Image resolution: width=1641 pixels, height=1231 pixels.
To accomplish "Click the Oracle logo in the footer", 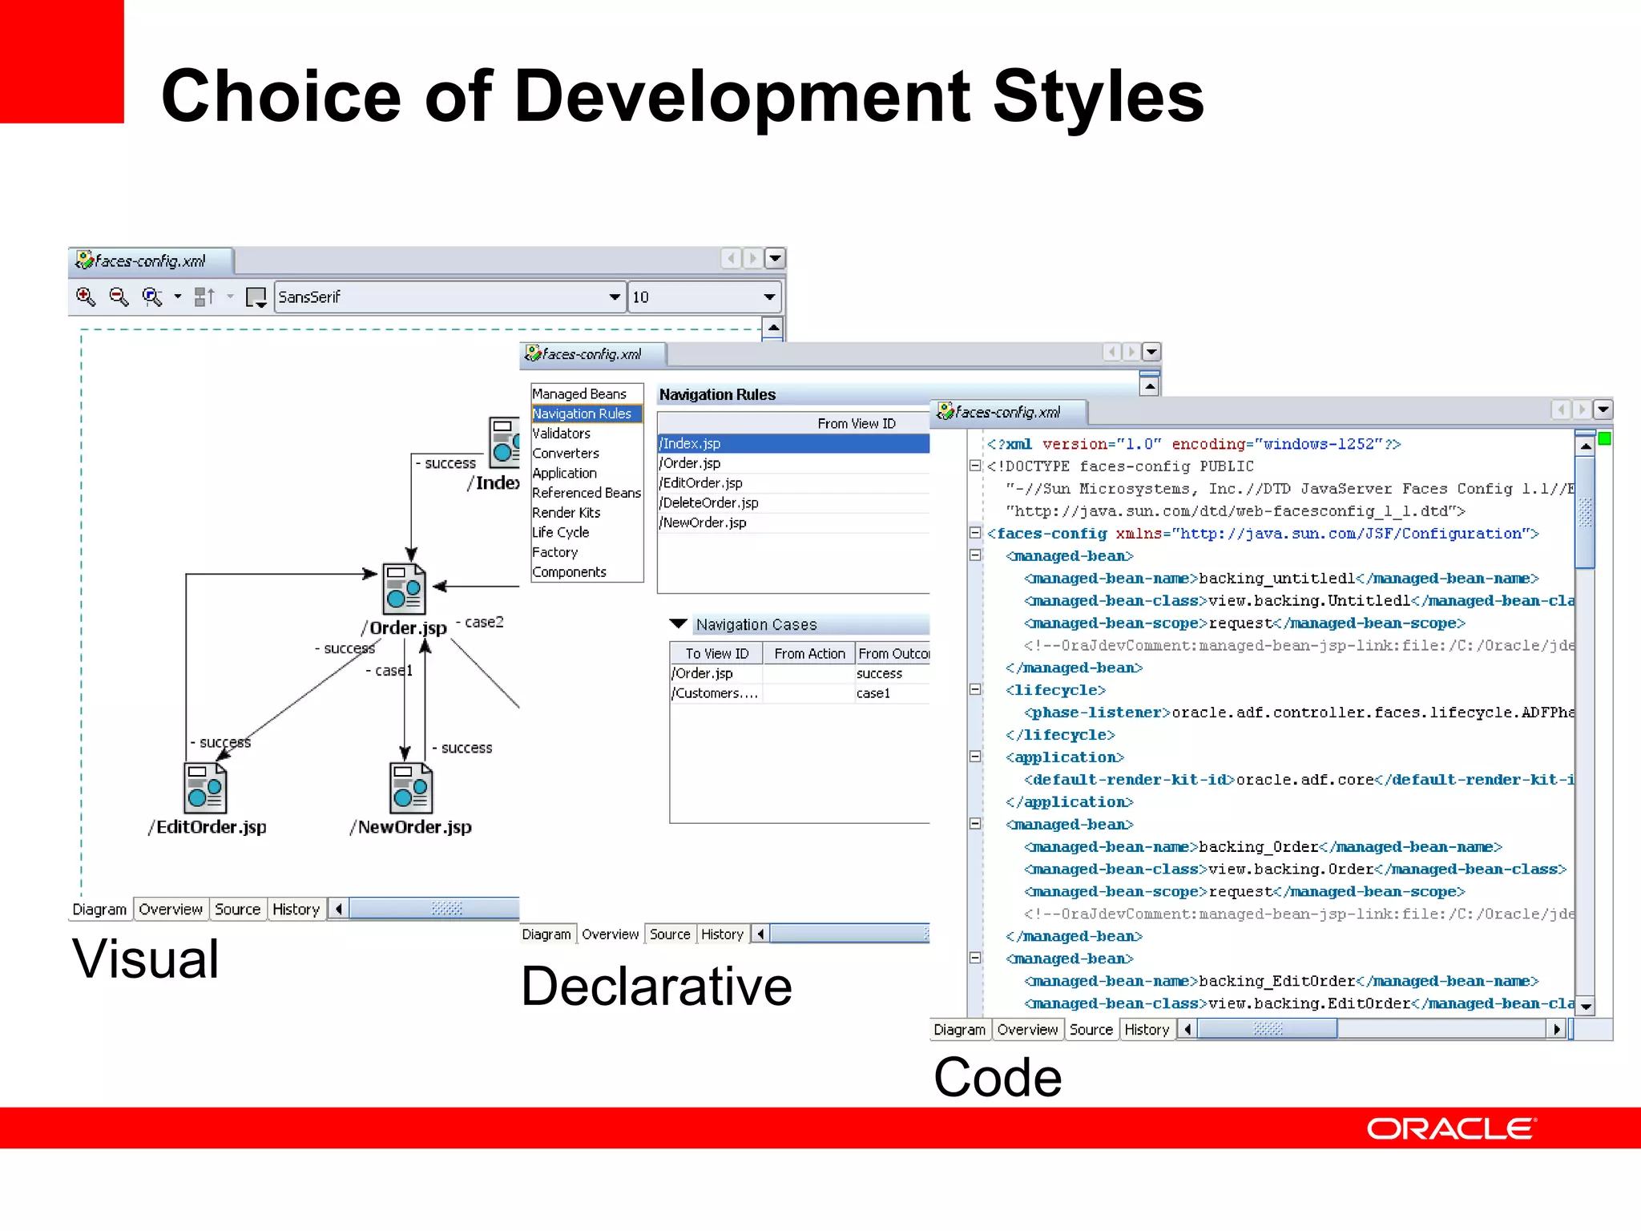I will click(x=1451, y=1128).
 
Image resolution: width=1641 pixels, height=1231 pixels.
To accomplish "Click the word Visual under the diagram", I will click(x=145, y=959).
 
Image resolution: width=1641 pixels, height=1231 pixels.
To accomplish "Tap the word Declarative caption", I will click(x=655, y=986).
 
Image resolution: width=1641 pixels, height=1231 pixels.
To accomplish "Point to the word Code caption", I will click(x=998, y=1077).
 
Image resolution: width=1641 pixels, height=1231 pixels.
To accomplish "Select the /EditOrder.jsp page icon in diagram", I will click(x=205, y=788).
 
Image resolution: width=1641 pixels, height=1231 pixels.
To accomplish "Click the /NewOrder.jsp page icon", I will click(x=411, y=788).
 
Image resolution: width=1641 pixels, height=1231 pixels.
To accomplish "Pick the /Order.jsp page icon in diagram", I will click(x=404, y=589).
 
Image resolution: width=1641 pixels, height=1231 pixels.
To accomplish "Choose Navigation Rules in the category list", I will click(x=583, y=414).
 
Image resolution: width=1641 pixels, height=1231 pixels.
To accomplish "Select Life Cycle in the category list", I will click(x=560, y=532).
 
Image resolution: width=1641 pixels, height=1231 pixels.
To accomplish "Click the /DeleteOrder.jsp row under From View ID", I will click(x=709, y=502).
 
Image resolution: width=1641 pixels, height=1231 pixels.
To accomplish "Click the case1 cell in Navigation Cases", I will click(x=873, y=693).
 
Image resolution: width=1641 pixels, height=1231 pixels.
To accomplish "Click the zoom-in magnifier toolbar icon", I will click(x=86, y=297).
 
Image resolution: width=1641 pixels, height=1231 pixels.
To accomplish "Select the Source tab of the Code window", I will click(x=1091, y=1030).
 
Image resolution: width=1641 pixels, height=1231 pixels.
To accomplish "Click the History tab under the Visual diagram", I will click(x=296, y=910).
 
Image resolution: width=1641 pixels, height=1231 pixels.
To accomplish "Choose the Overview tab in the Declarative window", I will click(x=610, y=934).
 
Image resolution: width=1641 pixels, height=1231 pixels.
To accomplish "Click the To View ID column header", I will click(x=716, y=654).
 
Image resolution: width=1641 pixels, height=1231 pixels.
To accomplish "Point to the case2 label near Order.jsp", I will click(x=484, y=622).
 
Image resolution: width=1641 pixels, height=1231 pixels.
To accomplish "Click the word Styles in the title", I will click(x=1098, y=96).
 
